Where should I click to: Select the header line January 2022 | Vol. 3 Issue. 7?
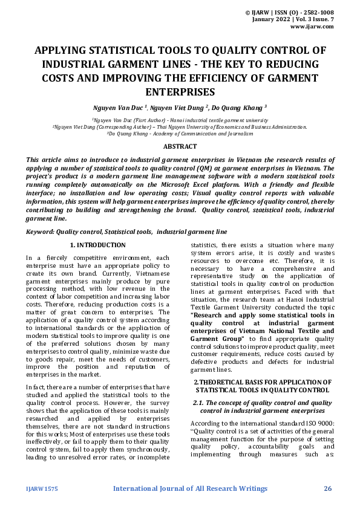pyautogui.click(x=303, y=20)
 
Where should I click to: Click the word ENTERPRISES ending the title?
pyautogui.click(x=180, y=92)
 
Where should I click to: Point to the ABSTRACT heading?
pyautogui.click(x=180, y=146)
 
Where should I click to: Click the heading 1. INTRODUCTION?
pyautogui.click(x=97, y=245)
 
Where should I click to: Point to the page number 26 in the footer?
pyautogui.click(x=328, y=488)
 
